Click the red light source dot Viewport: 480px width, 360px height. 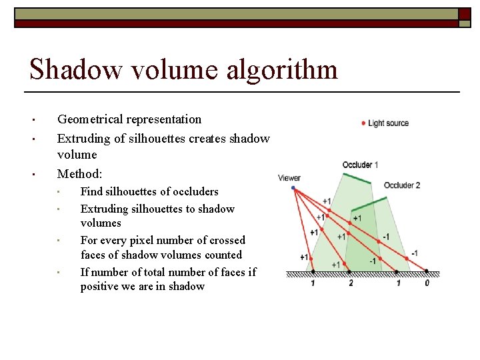point(363,123)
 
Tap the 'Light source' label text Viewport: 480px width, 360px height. point(388,123)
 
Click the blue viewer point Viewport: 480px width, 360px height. point(293,188)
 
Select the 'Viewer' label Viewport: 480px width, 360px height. point(289,178)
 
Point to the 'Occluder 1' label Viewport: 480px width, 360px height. point(361,165)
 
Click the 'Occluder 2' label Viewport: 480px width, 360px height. point(402,185)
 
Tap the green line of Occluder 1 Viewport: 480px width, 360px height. point(357,178)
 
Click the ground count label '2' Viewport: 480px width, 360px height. point(351,283)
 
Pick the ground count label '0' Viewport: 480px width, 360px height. point(427,283)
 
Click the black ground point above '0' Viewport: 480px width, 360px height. point(427,272)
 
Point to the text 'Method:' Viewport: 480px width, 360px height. point(80,174)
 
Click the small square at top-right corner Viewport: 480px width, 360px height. point(464,14)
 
